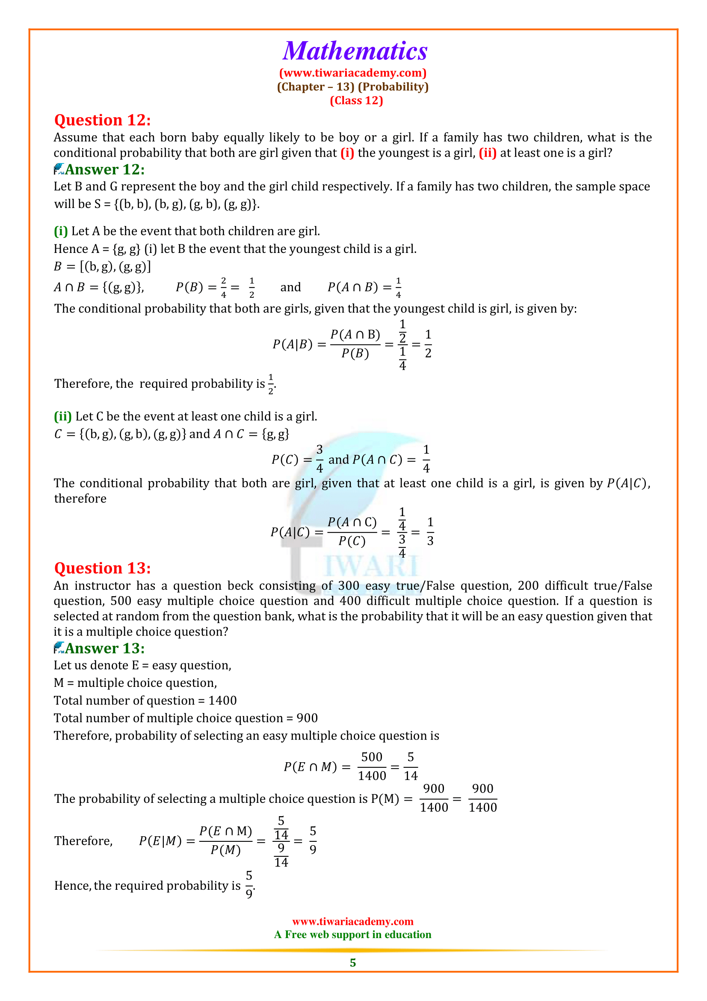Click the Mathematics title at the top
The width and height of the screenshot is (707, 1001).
(x=355, y=51)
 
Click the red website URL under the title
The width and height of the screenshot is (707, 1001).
(x=353, y=73)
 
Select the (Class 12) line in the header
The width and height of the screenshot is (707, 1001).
(x=356, y=101)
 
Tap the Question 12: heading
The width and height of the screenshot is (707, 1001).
(x=102, y=120)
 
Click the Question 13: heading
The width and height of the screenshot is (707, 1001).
(x=102, y=568)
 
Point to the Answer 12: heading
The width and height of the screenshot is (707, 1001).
(x=104, y=169)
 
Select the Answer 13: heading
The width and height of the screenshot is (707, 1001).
(x=104, y=648)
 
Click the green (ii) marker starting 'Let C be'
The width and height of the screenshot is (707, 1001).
(x=62, y=416)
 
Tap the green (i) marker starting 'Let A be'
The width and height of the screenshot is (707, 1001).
(x=61, y=231)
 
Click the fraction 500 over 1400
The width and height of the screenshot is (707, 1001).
(x=372, y=766)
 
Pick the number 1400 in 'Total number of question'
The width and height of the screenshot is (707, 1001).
(x=222, y=701)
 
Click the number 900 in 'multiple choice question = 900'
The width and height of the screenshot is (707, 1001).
(x=307, y=718)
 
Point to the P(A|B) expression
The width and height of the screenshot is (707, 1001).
(x=293, y=345)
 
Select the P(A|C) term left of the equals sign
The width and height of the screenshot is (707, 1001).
(x=290, y=532)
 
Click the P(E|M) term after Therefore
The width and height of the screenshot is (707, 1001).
(x=160, y=841)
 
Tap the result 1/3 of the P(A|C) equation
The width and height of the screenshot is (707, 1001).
(x=430, y=532)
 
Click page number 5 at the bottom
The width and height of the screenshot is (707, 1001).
(x=353, y=962)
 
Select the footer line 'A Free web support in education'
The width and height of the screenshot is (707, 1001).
(x=352, y=935)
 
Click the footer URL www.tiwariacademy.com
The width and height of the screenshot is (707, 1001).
(x=352, y=921)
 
